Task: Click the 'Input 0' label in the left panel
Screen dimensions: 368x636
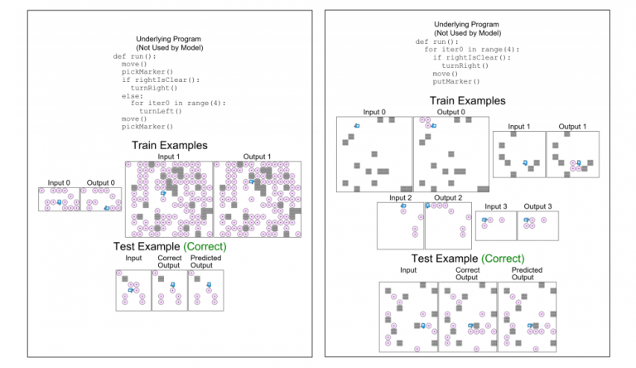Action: (59, 183)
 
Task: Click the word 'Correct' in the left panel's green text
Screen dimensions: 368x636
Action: (203, 247)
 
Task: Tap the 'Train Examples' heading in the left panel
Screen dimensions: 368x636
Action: (169, 145)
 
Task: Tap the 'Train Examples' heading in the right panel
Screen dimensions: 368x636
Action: (468, 100)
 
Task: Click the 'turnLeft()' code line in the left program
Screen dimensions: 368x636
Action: (161, 110)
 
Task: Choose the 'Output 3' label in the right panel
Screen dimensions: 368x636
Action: (538, 206)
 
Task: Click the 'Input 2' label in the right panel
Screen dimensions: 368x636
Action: (400, 198)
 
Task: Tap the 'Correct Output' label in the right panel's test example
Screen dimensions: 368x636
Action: (467, 274)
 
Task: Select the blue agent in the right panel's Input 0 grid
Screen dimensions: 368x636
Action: (357, 125)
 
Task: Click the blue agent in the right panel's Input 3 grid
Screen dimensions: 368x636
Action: (485, 220)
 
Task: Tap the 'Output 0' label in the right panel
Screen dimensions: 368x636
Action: (451, 113)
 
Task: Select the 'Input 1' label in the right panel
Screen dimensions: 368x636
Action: (518, 127)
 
